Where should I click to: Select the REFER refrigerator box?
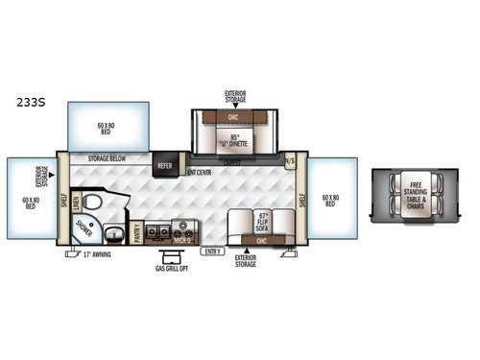click(163, 165)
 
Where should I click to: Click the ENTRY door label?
click(211, 251)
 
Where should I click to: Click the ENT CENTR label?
click(199, 173)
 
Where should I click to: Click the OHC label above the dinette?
click(235, 118)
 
